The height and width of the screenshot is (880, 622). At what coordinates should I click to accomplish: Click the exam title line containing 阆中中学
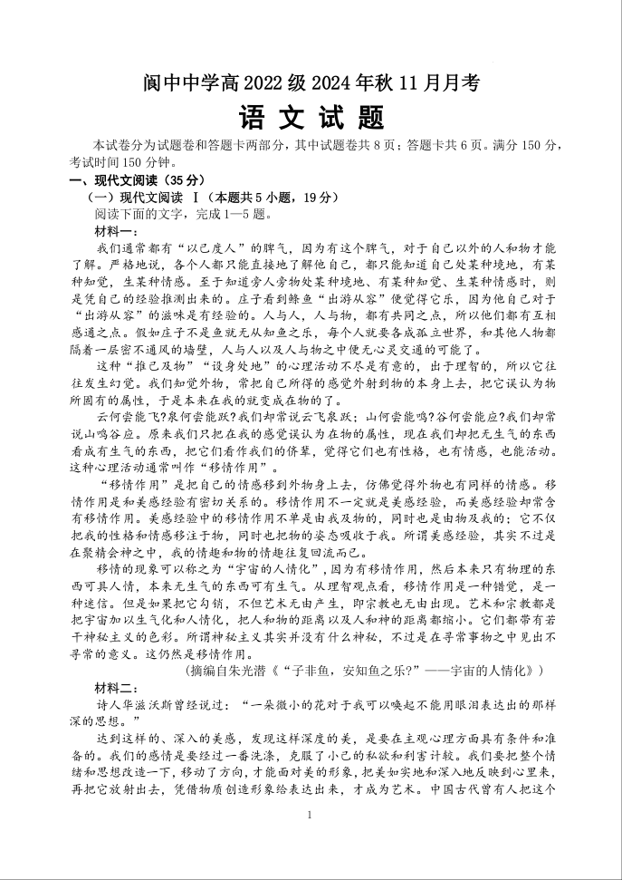click(x=311, y=83)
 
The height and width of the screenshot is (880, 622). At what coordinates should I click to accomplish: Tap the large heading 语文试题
click(x=311, y=118)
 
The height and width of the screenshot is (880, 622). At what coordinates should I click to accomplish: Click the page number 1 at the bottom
click(x=310, y=816)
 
